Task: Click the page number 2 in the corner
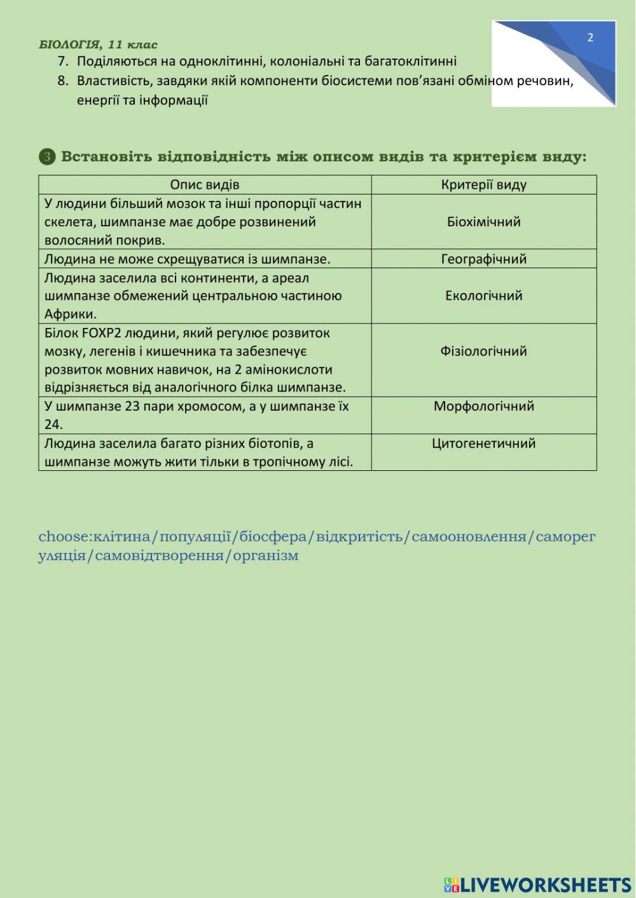[590, 37]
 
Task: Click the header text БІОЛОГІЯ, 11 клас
[98, 44]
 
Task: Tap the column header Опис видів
[205, 185]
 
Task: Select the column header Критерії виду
[484, 185]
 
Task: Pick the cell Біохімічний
[484, 222]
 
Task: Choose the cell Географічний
[484, 259]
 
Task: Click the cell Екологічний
[484, 296]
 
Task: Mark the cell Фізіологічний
[484, 351]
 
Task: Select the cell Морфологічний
[484, 406]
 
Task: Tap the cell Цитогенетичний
[484, 443]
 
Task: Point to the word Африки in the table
[70, 314]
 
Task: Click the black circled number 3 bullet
[47, 156]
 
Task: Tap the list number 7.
[62, 62]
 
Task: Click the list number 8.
[62, 81]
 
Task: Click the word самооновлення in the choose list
[469, 536]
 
